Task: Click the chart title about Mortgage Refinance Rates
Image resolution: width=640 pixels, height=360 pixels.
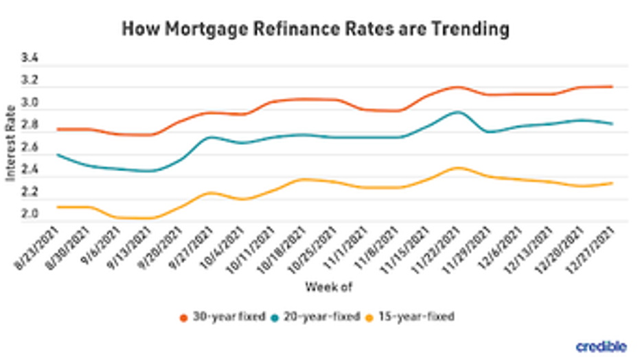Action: pyautogui.click(x=316, y=29)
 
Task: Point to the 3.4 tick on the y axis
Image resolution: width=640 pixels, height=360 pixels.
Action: pyautogui.click(x=30, y=59)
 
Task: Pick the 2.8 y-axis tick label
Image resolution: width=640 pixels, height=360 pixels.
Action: pyautogui.click(x=30, y=126)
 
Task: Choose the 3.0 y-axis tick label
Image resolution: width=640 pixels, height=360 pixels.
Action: pyautogui.click(x=30, y=104)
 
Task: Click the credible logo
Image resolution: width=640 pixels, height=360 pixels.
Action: pyautogui.click(x=602, y=346)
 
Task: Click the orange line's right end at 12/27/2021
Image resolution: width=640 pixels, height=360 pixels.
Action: pyautogui.click(x=611, y=87)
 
